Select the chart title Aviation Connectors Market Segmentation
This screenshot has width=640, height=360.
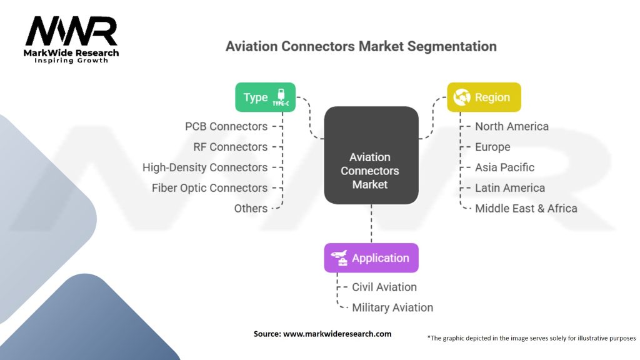361,46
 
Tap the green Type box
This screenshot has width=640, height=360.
265,97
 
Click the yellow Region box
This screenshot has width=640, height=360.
484,97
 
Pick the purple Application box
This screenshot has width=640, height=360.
371,258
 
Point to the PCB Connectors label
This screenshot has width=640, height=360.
226,126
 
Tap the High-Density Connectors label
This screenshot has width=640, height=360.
205,167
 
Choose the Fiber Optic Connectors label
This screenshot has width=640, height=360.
209,188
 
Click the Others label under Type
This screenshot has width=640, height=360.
251,209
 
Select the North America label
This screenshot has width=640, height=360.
511,126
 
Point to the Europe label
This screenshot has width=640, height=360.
492,147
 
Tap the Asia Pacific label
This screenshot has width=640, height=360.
504,167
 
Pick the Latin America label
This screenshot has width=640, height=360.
509,188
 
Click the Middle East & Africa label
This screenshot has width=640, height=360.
526,209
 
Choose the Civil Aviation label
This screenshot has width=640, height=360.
384,287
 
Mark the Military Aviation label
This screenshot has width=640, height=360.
392,307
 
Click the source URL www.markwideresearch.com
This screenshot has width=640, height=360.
337,334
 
